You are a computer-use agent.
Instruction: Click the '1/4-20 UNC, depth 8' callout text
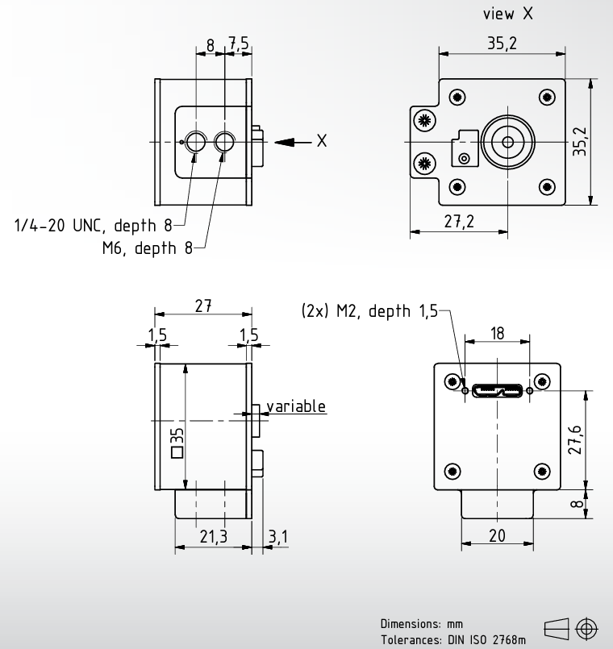coord(93,226)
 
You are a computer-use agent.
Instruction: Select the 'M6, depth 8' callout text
coord(148,248)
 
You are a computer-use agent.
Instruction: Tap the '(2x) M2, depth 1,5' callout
coord(369,311)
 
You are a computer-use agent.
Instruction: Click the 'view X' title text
coord(508,14)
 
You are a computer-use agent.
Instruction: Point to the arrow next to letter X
coord(293,142)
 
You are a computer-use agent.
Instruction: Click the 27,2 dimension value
coord(459,222)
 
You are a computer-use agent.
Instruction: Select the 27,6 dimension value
coord(576,440)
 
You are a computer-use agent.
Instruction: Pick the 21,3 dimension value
coord(213,536)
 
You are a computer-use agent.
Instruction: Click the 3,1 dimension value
coord(278,537)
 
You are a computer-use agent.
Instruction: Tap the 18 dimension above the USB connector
coord(498,333)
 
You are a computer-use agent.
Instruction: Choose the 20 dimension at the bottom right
coord(497,535)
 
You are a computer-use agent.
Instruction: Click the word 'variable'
coord(296,406)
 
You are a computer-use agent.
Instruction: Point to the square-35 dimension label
coord(177,443)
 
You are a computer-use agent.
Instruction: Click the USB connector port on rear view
coord(497,391)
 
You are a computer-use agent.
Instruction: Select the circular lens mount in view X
coord(508,142)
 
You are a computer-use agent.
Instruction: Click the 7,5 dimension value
coord(239,43)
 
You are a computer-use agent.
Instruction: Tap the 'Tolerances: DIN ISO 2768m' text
coord(453,640)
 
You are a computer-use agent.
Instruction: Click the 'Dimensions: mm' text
coord(422,624)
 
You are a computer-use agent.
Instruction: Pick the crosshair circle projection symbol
coord(586,628)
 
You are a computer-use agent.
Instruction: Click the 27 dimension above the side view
coord(203,306)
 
